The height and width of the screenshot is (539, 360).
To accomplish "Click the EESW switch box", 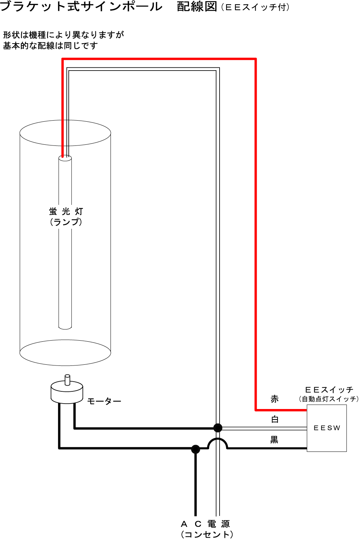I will [x=327, y=428].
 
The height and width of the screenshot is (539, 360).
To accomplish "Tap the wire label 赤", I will [x=275, y=399].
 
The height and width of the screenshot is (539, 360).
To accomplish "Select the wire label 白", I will [x=275, y=419].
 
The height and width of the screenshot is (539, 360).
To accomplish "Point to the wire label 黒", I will [x=274, y=440].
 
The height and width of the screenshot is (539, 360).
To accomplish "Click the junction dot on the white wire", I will [x=218, y=428].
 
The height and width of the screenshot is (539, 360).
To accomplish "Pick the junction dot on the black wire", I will [x=195, y=449].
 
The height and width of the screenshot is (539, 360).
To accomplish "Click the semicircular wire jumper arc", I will [x=218, y=440].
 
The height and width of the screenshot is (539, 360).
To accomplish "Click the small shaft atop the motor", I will [x=67, y=379].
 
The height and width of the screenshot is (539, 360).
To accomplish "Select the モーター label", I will [x=104, y=401].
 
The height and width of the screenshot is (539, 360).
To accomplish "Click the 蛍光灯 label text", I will [x=66, y=211].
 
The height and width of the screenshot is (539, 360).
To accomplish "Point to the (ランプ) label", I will [x=66, y=222].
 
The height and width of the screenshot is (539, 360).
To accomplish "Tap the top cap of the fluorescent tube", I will [x=65, y=158].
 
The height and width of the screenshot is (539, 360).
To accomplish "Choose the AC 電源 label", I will [x=205, y=524].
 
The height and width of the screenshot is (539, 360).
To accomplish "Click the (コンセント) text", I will [x=207, y=534].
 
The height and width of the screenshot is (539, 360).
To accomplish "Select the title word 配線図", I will [x=197, y=7].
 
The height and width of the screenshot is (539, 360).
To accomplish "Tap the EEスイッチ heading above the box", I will [x=329, y=390].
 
